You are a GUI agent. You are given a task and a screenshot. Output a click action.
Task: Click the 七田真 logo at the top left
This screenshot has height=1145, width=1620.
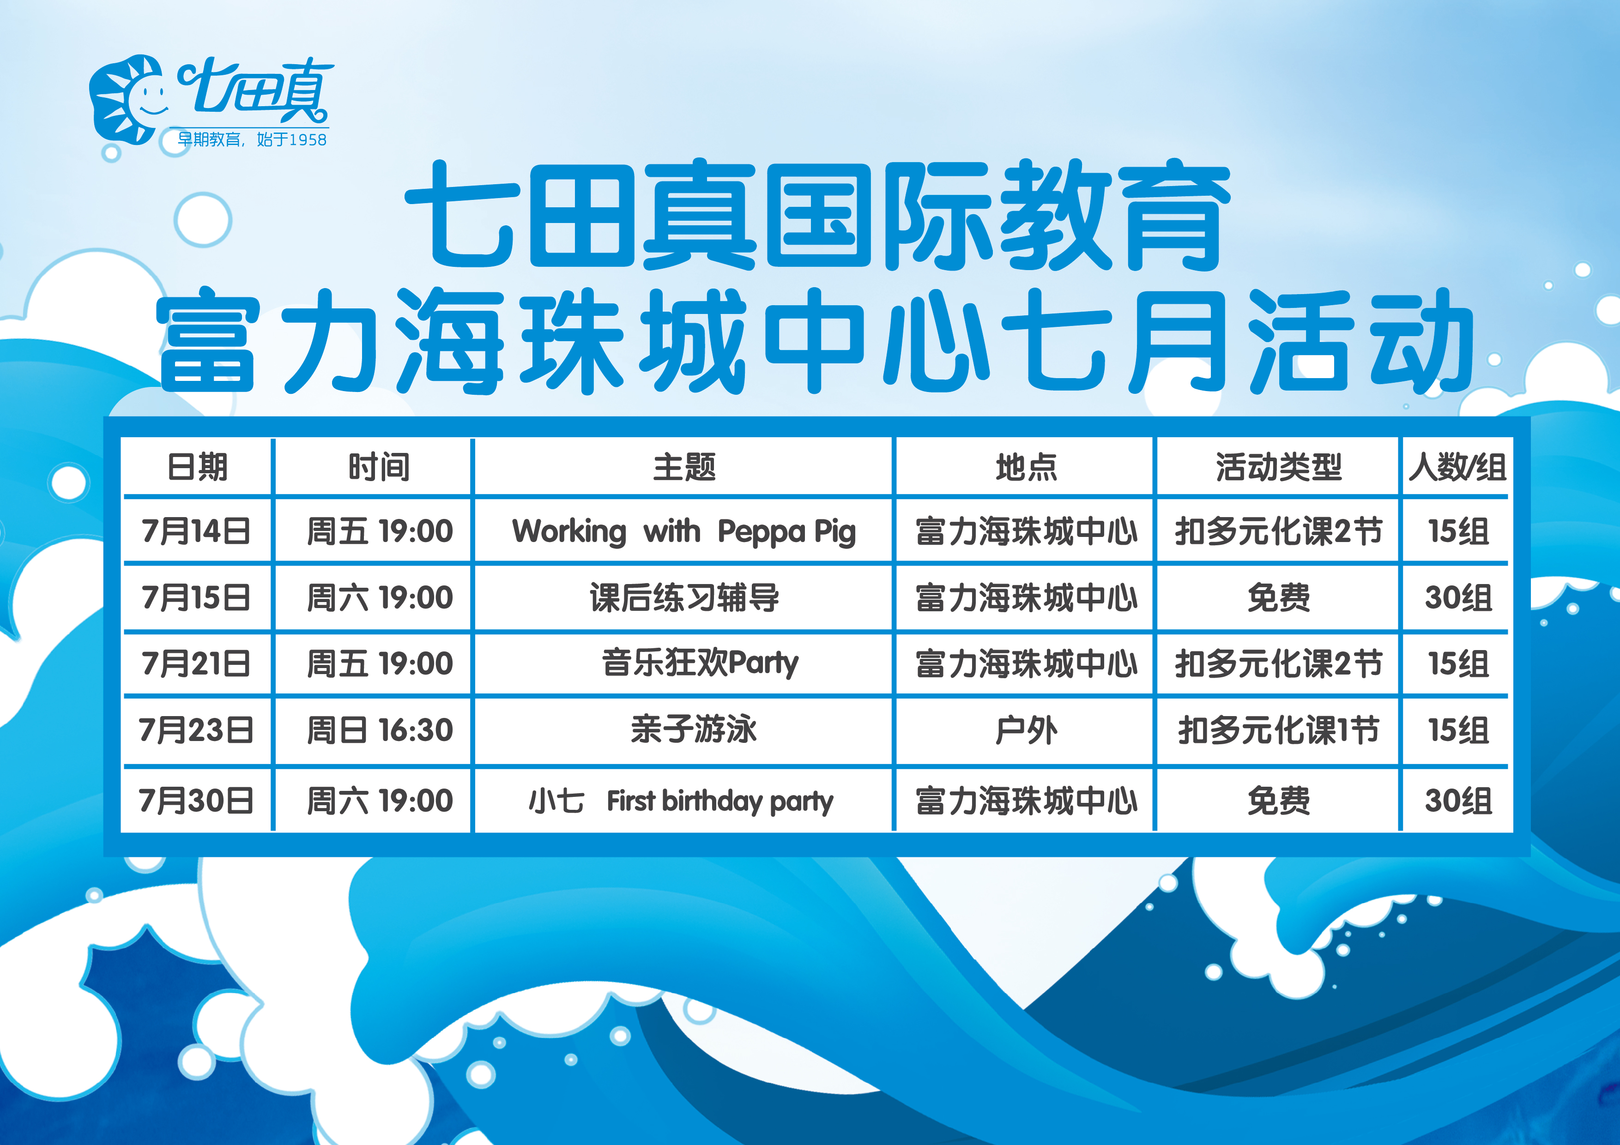point(210,102)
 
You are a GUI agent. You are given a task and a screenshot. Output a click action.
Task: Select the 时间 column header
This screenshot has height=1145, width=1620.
point(379,467)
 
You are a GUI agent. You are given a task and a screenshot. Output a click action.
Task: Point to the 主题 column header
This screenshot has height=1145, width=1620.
point(684,467)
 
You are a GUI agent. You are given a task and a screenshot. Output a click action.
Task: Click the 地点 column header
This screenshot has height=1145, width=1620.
point(1026,467)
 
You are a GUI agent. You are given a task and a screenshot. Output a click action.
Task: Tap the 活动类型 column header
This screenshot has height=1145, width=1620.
point(1278,467)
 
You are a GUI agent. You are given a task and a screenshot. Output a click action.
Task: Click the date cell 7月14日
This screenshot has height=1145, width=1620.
point(196,530)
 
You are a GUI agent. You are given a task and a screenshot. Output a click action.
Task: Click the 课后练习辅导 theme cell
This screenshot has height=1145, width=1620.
point(684,597)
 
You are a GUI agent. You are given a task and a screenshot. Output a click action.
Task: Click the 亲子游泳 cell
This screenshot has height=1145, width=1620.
point(694,729)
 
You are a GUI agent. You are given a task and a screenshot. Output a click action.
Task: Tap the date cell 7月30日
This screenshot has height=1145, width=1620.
point(196,801)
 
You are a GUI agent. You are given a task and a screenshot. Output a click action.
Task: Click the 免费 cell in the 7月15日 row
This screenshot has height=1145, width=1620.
point(1278,597)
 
